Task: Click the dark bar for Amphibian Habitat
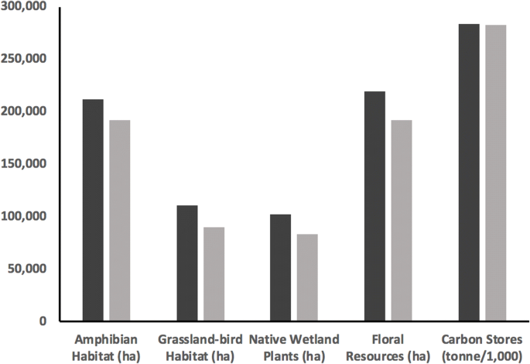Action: pyautogui.click(x=94, y=210)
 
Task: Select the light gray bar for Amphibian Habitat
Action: pyautogui.click(x=120, y=220)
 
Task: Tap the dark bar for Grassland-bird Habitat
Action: pyautogui.click(x=187, y=263)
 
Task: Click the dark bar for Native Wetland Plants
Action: pyautogui.click(x=281, y=267)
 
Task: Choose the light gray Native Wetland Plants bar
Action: pyautogui.click(x=307, y=277)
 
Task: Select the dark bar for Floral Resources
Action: pyautogui.click(x=375, y=206)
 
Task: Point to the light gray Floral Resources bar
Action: pyautogui.click(x=402, y=220)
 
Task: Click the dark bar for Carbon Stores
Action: pyautogui.click(x=469, y=172)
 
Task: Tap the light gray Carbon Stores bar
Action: pyautogui.click(x=495, y=173)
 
